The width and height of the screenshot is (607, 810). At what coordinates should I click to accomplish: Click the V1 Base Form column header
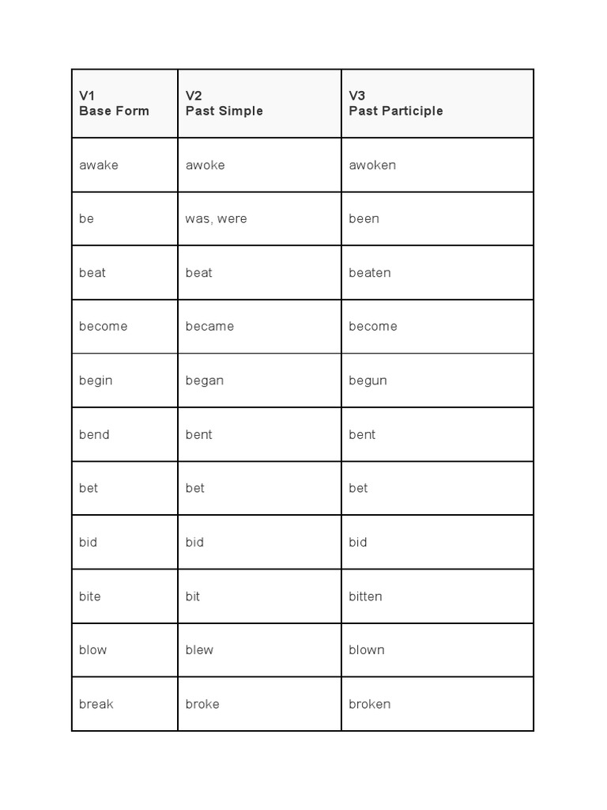[114, 104]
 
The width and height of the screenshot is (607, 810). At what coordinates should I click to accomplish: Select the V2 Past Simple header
[224, 104]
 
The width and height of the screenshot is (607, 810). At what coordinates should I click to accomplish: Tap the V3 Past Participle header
[395, 104]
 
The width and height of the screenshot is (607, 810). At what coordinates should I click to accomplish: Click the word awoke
[205, 165]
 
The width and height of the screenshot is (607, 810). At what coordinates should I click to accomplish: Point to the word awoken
[372, 165]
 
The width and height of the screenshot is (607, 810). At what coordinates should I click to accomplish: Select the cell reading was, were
[216, 219]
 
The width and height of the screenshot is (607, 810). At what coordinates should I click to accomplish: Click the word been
[364, 219]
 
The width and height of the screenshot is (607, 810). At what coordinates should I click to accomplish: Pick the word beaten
[369, 273]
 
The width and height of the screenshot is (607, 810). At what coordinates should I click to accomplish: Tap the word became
[209, 327]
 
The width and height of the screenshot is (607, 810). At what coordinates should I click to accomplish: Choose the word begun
[368, 380]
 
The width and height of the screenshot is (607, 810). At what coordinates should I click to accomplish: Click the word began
[204, 380]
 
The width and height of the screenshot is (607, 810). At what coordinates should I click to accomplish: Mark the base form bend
[94, 434]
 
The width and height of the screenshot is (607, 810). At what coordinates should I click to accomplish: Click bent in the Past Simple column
[198, 434]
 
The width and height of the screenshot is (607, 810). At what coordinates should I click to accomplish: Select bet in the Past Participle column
[358, 488]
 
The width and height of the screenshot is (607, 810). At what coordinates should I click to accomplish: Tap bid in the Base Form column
[88, 542]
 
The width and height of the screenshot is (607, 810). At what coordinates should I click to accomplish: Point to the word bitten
[365, 596]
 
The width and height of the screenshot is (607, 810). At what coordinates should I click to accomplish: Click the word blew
[199, 650]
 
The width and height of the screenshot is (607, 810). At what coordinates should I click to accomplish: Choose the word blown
[367, 650]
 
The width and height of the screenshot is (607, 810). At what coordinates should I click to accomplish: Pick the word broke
[202, 704]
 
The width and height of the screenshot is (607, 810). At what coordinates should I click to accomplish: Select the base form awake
[98, 165]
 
